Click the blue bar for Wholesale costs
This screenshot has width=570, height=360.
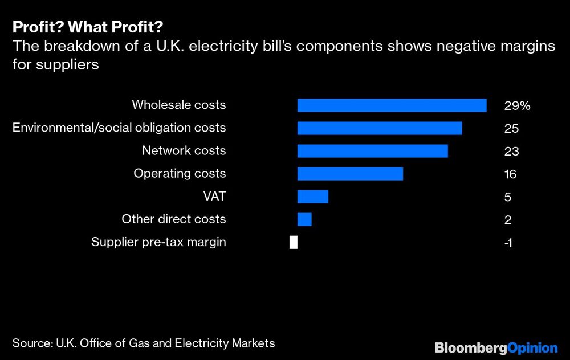click(392, 105)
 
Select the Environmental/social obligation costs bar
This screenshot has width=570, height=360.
click(379, 128)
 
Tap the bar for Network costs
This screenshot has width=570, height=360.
click(372, 151)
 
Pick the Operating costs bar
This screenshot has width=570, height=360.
click(350, 174)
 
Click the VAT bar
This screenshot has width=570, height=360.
click(313, 197)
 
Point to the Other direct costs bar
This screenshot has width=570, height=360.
click(304, 219)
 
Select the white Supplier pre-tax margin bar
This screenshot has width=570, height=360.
click(294, 242)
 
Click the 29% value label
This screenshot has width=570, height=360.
click(517, 106)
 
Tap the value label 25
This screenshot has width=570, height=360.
click(511, 129)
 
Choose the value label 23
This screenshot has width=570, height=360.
click(511, 152)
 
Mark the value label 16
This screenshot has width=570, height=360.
click(510, 174)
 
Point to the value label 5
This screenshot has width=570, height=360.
click(507, 197)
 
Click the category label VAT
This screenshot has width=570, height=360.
click(214, 197)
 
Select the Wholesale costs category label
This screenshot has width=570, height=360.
click(179, 105)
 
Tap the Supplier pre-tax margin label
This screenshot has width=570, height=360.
click(158, 242)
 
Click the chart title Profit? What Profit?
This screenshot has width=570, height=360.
click(87, 27)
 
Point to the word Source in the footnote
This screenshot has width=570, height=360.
click(31, 343)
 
